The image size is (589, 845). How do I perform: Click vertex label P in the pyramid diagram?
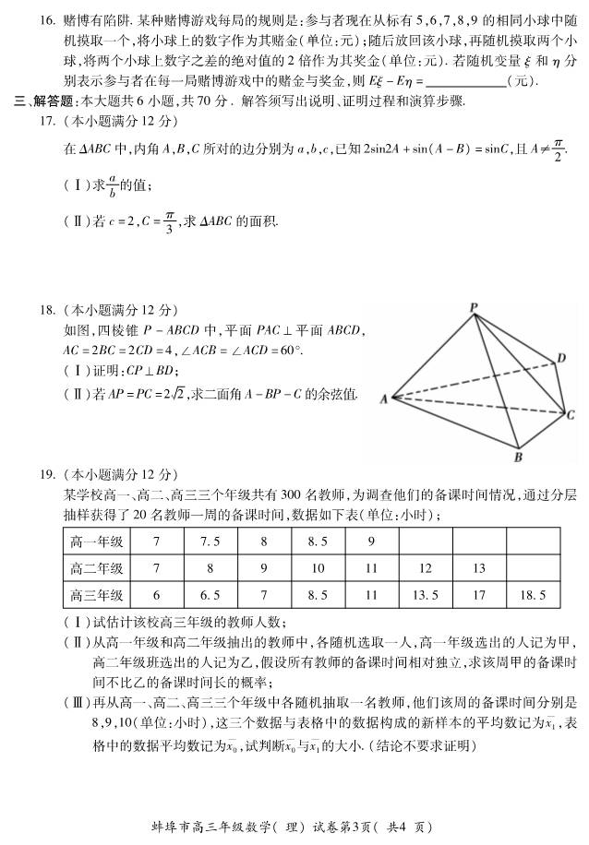pos(473,307)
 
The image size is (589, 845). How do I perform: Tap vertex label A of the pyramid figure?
pos(382,399)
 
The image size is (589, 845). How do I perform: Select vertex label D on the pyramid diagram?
pos(560,358)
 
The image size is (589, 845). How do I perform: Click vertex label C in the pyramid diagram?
pos(571,415)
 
